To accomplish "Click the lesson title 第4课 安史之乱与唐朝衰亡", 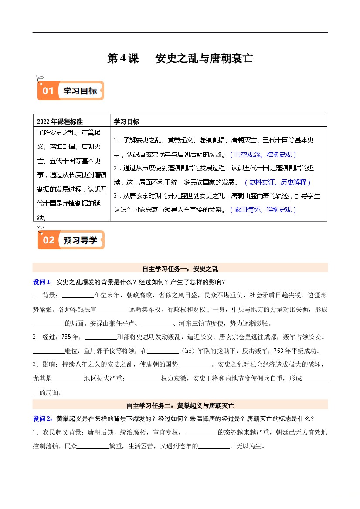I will pyautogui.click(x=180, y=58).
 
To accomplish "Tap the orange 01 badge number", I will pyautogui.click(x=48, y=91).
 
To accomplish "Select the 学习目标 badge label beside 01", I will pyautogui.click(x=80, y=91).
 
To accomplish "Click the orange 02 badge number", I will pyautogui.click(x=48, y=240).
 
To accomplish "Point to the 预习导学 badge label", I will pyautogui.click(x=81, y=240).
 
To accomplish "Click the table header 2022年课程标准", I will pyautogui.click(x=60, y=121).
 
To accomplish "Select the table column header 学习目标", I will pyautogui.click(x=126, y=121).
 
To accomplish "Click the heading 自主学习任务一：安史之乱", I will pyautogui.click(x=180, y=268).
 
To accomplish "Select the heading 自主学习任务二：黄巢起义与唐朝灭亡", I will pyautogui.click(x=180, y=405).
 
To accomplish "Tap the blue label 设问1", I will pyautogui.click(x=42, y=282).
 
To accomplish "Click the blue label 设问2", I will pyautogui.click(x=42, y=419).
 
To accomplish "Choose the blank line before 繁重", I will pyautogui.click(x=93, y=446).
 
